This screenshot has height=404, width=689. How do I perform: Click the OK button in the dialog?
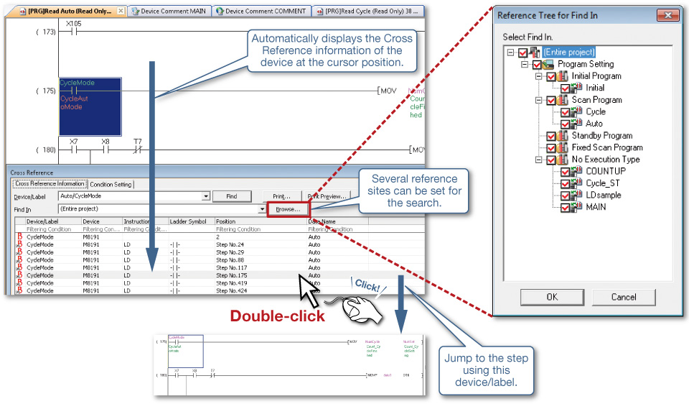click(551, 297)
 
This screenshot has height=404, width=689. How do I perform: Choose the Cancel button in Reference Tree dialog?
click(623, 297)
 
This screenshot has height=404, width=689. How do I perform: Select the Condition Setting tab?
click(111, 185)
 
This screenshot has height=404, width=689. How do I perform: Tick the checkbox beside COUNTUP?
click(566, 171)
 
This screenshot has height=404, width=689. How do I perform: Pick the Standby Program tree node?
click(601, 135)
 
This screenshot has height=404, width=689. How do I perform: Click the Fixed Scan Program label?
click(606, 147)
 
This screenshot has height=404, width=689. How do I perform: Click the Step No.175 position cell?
click(231, 275)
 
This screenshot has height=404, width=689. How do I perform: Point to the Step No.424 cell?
click(231, 291)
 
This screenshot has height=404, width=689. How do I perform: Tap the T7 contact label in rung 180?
click(138, 142)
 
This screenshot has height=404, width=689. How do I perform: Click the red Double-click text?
click(277, 316)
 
